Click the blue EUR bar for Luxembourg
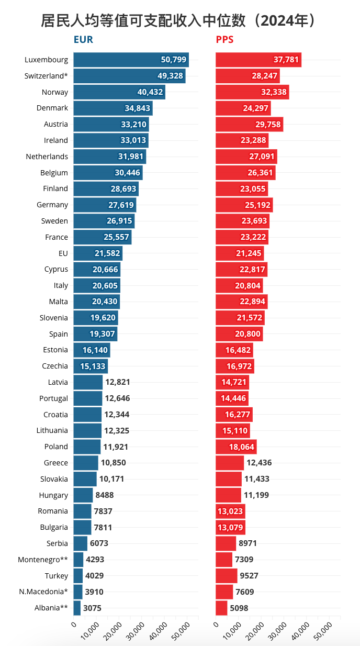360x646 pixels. [131, 60]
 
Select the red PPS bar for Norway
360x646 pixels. [252, 92]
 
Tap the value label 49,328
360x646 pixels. [170, 76]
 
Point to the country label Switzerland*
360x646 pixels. [46, 76]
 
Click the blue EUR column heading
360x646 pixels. [83, 40]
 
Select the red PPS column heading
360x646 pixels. [224, 40]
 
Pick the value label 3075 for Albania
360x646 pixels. [92, 608]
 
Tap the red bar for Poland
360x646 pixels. [236, 447]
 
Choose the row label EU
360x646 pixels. [63, 253]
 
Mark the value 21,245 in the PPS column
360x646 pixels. [249, 253]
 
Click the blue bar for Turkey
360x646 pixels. [78, 576]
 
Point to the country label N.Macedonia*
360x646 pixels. [43, 592]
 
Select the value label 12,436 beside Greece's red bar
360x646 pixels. [259, 463]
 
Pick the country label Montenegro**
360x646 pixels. [43, 560]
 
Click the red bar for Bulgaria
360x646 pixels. [230, 527]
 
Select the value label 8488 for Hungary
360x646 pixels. [105, 495]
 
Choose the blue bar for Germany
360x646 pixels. [105, 205]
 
